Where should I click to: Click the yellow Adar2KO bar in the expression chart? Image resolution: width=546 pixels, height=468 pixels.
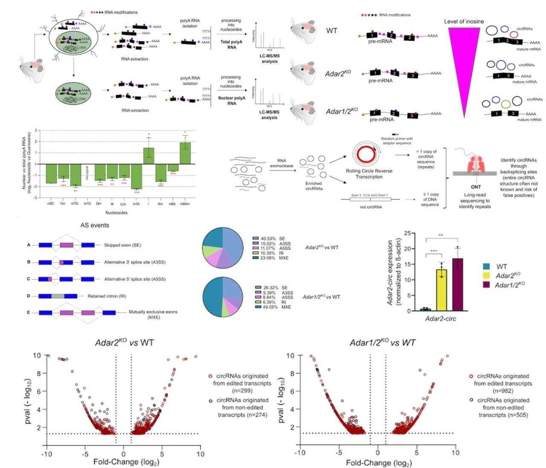pyautogui.click(x=441, y=290)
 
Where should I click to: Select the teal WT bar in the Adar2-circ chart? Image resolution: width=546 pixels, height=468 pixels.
pyautogui.click(x=425, y=309)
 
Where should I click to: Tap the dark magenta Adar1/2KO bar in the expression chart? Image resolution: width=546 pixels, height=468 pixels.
pyautogui.click(x=457, y=285)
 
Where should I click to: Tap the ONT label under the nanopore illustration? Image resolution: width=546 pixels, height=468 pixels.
pyautogui.click(x=476, y=187)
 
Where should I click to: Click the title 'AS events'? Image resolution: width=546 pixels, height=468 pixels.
pyautogui.click(x=95, y=225)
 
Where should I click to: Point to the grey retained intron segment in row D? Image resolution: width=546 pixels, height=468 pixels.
pyautogui.click(x=58, y=296)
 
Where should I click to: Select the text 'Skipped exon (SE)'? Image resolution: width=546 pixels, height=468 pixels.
pyautogui.click(x=122, y=245)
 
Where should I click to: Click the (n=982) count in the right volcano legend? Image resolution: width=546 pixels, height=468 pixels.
pyautogui.click(x=502, y=391)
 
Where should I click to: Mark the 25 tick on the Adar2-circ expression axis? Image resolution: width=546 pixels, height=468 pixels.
pyautogui.click(x=407, y=233)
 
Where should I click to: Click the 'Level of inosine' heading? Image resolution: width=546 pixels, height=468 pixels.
pyautogui.click(x=464, y=21)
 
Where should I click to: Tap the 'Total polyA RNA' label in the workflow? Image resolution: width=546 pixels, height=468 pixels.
pyautogui.click(x=231, y=44)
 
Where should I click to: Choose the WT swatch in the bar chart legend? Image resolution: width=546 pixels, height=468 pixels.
pyautogui.click(x=487, y=266)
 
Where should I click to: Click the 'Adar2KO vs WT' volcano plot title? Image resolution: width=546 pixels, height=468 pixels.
pyautogui.click(x=124, y=342)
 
